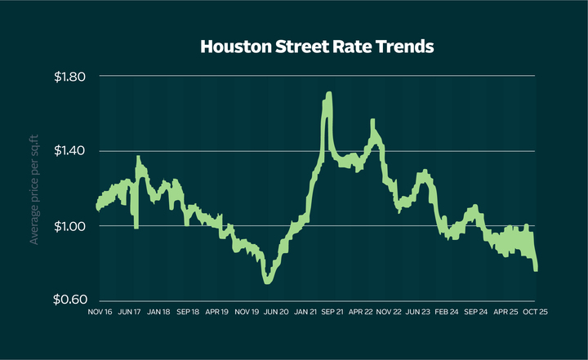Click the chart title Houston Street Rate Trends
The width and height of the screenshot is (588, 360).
point(317,47)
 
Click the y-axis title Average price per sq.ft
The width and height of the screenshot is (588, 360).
point(34,189)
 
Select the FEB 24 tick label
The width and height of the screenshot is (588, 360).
point(448,311)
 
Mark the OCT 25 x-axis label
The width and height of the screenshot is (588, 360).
point(533,311)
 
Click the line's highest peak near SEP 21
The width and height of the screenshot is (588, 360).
point(328,95)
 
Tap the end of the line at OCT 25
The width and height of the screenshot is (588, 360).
point(536,268)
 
